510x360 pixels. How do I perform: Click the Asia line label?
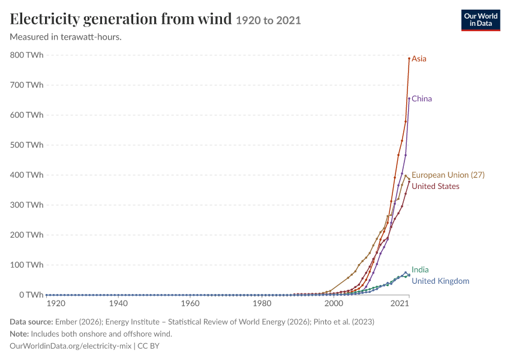(x=419, y=59)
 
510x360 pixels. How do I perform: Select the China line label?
(x=422, y=98)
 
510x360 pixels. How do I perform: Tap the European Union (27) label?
(x=448, y=175)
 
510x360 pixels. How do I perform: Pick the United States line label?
(x=436, y=187)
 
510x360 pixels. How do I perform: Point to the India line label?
(x=420, y=269)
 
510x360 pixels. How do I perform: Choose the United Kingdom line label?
(x=440, y=281)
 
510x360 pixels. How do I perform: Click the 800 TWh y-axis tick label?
(x=26, y=55)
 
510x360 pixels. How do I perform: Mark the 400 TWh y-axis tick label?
(x=26, y=175)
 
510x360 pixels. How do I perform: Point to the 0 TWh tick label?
(x=31, y=295)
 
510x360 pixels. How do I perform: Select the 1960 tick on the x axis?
(x=190, y=304)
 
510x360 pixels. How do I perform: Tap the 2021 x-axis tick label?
(x=400, y=304)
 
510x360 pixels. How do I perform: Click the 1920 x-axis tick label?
(x=56, y=304)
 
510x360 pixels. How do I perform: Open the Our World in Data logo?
(x=481, y=20)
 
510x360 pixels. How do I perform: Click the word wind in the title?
(x=215, y=19)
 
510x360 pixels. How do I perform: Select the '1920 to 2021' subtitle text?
(x=268, y=20)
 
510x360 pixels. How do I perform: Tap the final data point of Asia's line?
(x=409, y=59)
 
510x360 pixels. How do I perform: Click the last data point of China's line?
(x=409, y=98)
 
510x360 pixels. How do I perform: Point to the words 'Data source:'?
(x=31, y=322)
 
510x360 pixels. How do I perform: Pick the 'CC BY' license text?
(x=148, y=346)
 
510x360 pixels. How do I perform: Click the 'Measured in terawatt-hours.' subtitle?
(x=66, y=37)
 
